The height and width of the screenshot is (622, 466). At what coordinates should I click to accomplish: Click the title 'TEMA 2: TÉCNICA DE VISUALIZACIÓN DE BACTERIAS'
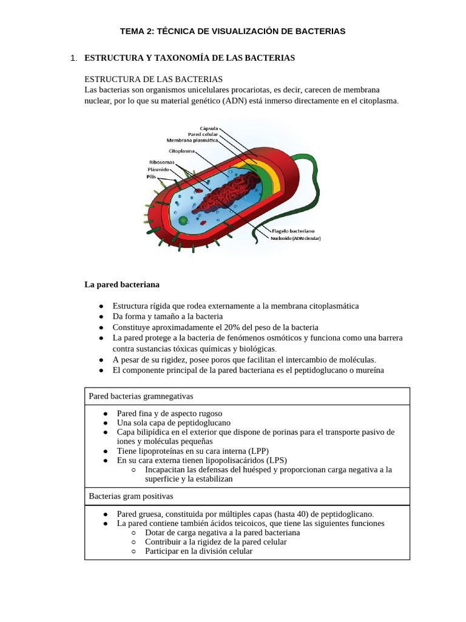pyautogui.click(x=232, y=31)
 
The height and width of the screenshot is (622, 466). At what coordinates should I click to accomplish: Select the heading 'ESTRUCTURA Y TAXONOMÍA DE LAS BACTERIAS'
pyautogui.click(x=189, y=58)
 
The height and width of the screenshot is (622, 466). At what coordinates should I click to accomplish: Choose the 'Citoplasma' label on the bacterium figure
pyautogui.click(x=181, y=151)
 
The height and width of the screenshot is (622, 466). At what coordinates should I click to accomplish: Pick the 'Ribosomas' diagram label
pyautogui.click(x=161, y=162)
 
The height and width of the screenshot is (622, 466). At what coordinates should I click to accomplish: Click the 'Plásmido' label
pyautogui.click(x=159, y=169)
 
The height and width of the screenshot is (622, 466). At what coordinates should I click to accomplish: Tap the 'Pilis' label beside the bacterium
pyautogui.click(x=151, y=177)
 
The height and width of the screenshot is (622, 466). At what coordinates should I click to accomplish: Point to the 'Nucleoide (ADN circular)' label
pyautogui.click(x=295, y=238)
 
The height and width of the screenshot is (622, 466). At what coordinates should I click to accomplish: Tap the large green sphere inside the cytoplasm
pyautogui.click(x=183, y=220)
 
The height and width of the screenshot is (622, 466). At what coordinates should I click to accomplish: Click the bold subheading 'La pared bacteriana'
pyautogui.click(x=121, y=284)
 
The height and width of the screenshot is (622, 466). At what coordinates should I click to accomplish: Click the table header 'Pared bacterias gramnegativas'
pyautogui.click(x=141, y=396)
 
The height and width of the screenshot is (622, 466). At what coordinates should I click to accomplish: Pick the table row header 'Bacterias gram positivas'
pyautogui.click(x=131, y=496)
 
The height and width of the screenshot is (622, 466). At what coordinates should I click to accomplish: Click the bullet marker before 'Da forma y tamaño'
pyautogui.click(x=101, y=316)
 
